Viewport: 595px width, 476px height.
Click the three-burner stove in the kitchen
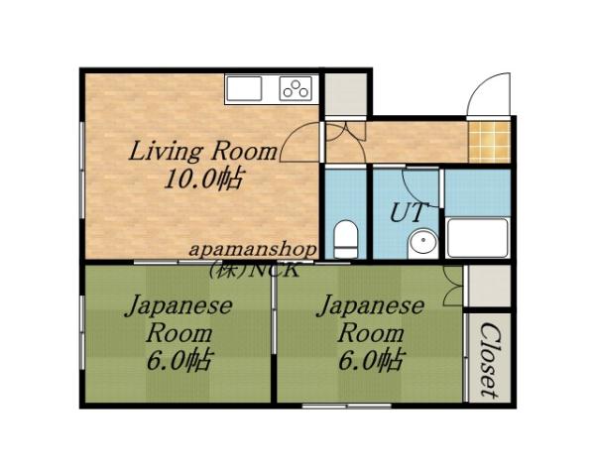point(296,88)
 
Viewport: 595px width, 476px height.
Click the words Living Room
point(202,153)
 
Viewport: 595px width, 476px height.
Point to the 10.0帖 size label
point(203,180)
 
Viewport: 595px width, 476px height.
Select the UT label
point(407,212)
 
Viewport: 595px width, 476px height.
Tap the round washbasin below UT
point(423,241)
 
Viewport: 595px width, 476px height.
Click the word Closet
point(488,359)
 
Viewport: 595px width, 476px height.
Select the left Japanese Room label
point(178,318)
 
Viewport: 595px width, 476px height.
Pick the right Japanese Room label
point(371,318)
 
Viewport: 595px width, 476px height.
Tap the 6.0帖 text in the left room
point(178,359)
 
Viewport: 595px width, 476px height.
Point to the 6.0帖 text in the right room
point(371,359)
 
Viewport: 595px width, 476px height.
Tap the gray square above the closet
point(488,288)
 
